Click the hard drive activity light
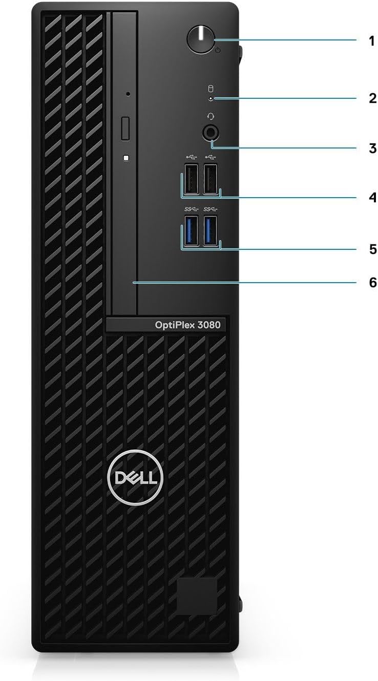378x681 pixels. pyautogui.click(x=211, y=100)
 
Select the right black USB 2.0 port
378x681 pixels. pyautogui.click(x=210, y=178)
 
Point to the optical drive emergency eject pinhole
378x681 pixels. pyautogui.click(x=128, y=94)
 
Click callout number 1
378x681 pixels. pyautogui.click(x=372, y=41)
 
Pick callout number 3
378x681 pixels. pyautogui.click(x=372, y=149)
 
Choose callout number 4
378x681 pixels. pyautogui.click(x=372, y=198)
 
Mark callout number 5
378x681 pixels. pyautogui.click(x=372, y=249)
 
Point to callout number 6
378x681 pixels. pyautogui.click(x=372, y=282)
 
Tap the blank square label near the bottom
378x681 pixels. pyautogui.click(x=197, y=596)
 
